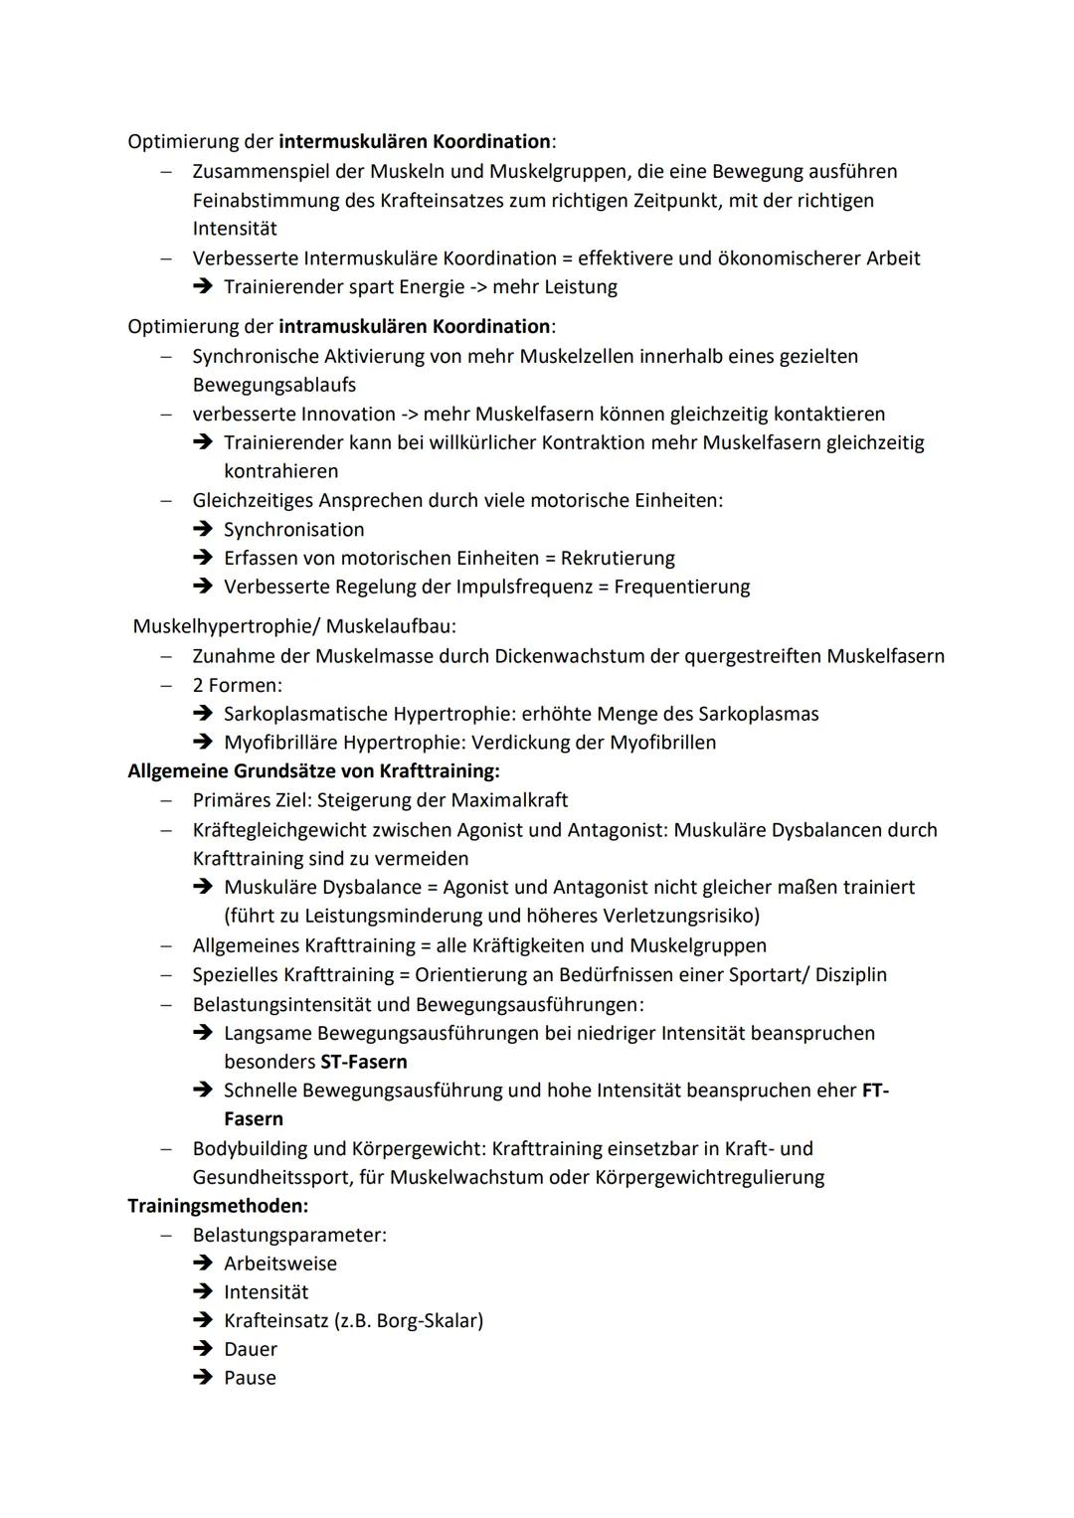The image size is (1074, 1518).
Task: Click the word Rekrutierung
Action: point(618,558)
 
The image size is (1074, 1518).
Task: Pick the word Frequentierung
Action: point(681,587)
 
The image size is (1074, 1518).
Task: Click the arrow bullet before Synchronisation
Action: point(203,529)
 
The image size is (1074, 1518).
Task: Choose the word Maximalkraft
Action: point(509,799)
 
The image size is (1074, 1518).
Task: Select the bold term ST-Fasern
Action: point(363,1061)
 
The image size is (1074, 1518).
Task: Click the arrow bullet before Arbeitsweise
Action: point(203,1264)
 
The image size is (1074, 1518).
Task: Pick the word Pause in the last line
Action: point(250,1378)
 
